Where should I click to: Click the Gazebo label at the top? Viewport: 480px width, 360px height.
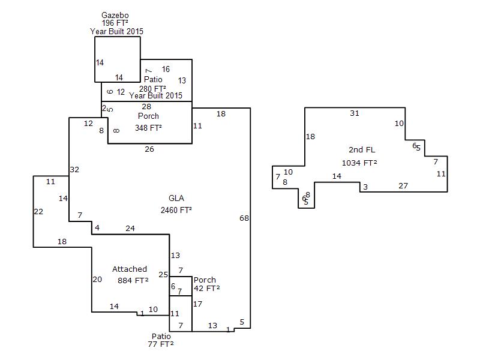tap(116, 14)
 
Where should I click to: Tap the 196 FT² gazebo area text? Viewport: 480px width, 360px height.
tap(116, 22)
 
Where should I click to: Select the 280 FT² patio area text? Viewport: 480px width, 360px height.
tap(152, 89)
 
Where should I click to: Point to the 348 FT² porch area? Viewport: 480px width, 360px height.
tap(148, 128)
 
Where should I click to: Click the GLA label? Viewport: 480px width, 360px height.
tap(176, 199)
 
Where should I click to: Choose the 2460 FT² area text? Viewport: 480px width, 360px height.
tap(176, 210)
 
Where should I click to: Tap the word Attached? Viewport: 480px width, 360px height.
tap(130, 269)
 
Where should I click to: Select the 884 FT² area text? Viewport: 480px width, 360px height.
tap(133, 280)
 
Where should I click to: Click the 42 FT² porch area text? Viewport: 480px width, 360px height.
tap(206, 289)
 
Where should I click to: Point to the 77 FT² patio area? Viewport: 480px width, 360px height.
tap(161, 344)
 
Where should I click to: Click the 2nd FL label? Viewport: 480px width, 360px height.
tap(362, 149)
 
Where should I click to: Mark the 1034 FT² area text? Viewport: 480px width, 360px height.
tap(359, 163)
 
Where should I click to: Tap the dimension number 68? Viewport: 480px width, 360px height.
tap(244, 218)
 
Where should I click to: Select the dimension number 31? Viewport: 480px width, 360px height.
tap(355, 113)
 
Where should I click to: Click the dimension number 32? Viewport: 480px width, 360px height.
tap(74, 170)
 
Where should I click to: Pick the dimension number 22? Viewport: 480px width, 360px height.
tap(38, 211)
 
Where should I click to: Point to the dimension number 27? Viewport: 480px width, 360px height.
tap(403, 186)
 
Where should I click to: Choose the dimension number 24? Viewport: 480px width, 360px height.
tap(130, 228)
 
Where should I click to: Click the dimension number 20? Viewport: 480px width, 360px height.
tap(97, 279)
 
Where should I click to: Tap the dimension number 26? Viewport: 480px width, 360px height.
tap(149, 149)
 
